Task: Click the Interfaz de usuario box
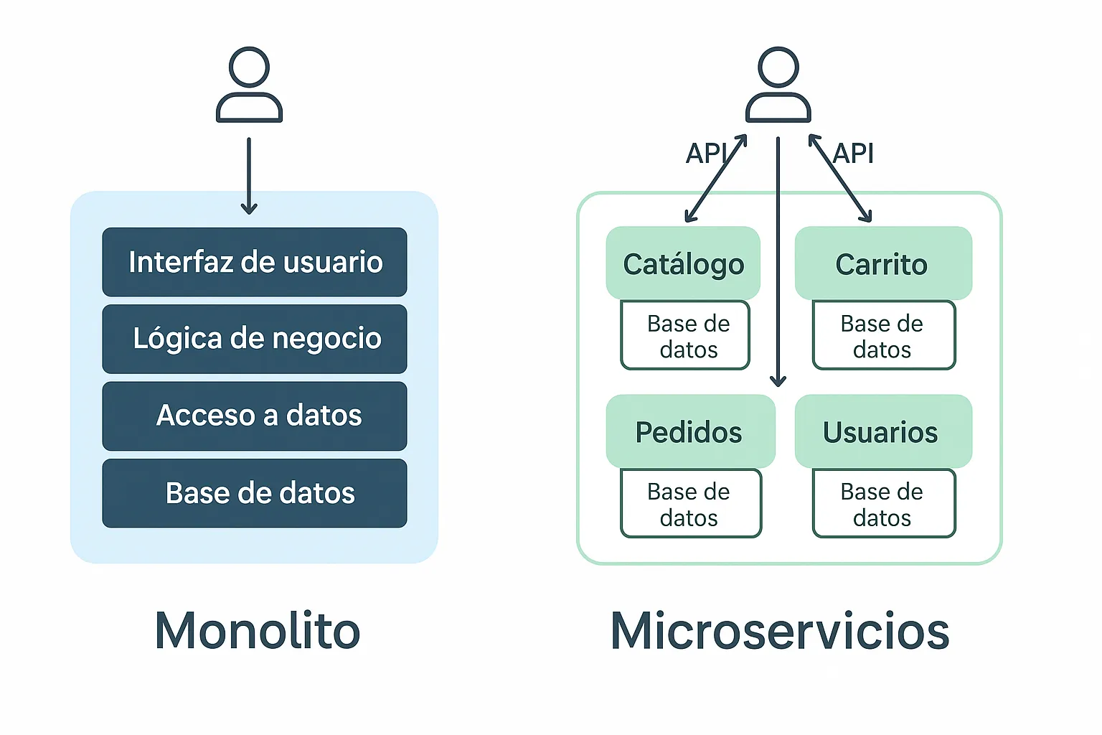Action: pyautogui.click(x=255, y=262)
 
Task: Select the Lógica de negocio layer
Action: pyautogui.click(x=255, y=339)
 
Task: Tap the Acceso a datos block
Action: pyautogui.click(x=255, y=416)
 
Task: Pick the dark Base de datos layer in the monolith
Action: pyautogui.click(x=255, y=493)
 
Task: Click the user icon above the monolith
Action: pyautogui.click(x=249, y=85)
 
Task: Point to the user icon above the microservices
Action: pyautogui.click(x=778, y=85)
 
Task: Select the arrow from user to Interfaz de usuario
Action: pyautogui.click(x=249, y=176)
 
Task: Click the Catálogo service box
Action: pyautogui.click(x=683, y=263)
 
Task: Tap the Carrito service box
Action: pyautogui.click(x=882, y=263)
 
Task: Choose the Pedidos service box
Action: pyautogui.click(x=689, y=431)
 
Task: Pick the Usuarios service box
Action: pyautogui.click(x=882, y=431)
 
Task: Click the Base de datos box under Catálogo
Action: pyautogui.click(x=686, y=336)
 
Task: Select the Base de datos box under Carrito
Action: pyautogui.click(x=883, y=336)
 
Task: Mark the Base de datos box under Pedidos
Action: pyautogui.click(x=690, y=504)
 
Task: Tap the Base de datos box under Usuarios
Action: pyautogui.click(x=883, y=504)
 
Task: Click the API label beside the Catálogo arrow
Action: pyautogui.click(x=706, y=153)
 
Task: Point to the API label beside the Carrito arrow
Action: pyautogui.click(x=854, y=153)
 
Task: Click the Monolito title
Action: pyautogui.click(x=258, y=631)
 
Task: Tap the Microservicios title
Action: pyautogui.click(x=780, y=631)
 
